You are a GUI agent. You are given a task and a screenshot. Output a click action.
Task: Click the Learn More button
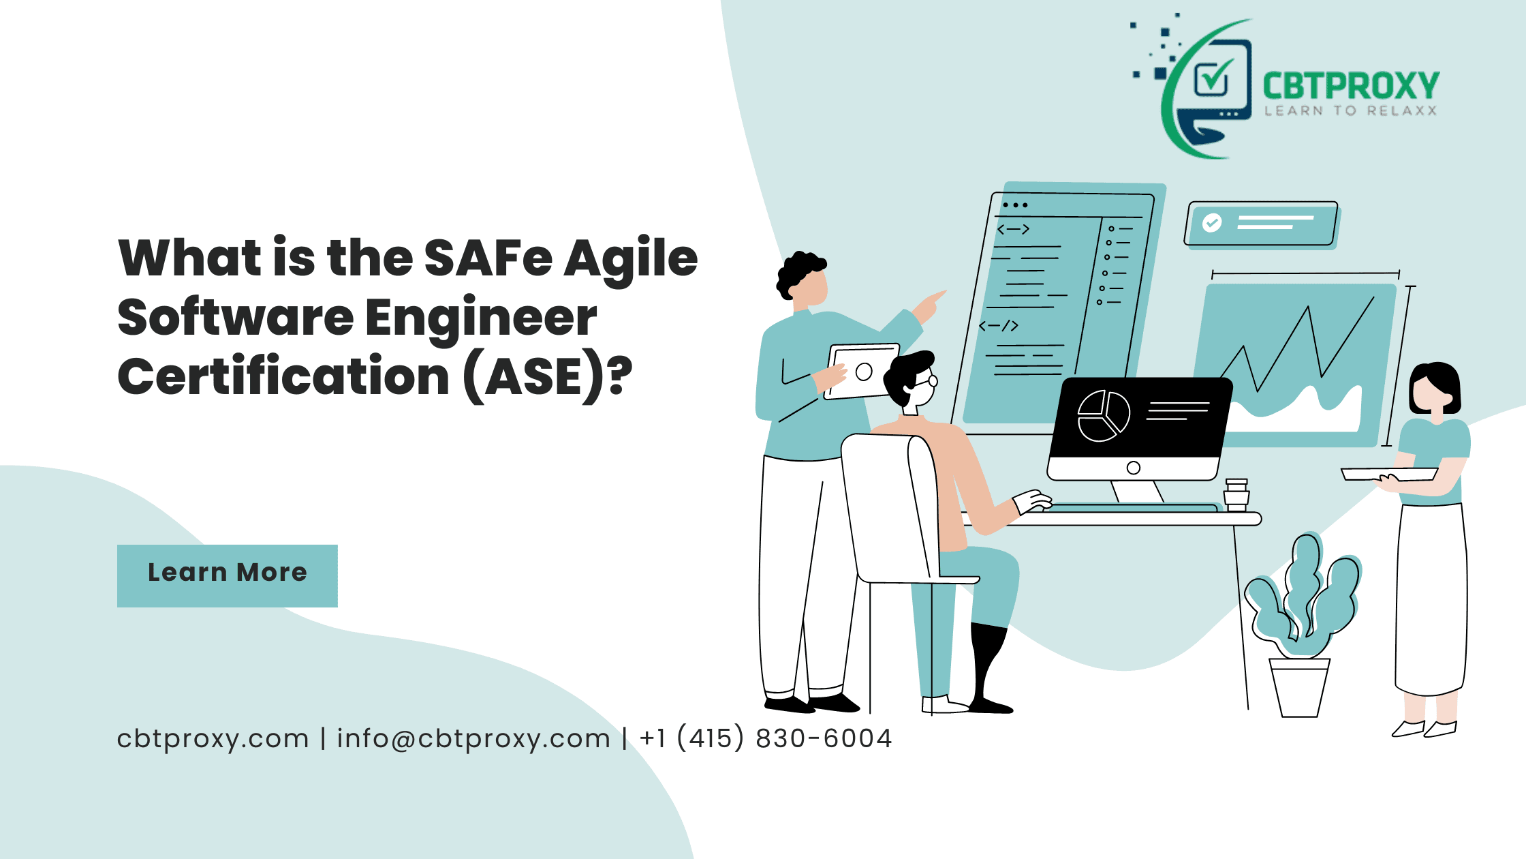[x=228, y=575]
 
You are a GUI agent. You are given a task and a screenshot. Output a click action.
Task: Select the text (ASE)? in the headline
[x=547, y=377]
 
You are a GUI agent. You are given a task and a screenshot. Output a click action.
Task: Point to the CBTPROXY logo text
[x=1351, y=87]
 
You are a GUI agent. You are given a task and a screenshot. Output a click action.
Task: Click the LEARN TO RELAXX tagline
[x=1351, y=111]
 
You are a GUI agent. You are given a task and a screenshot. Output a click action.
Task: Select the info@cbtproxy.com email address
[x=473, y=739]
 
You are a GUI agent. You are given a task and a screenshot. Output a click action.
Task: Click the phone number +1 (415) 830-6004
[x=766, y=738]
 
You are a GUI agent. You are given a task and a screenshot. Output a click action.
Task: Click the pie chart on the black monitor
[x=1104, y=416]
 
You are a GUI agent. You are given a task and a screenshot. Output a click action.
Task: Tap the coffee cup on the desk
[x=1236, y=495]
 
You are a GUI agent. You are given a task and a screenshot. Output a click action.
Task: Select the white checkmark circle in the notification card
[x=1212, y=223]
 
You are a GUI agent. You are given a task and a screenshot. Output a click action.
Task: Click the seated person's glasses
[x=927, y=380]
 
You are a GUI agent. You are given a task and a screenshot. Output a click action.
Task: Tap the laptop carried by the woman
[x=1389, y=474]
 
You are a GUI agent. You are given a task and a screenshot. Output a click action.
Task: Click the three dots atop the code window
[x=1015, y=205]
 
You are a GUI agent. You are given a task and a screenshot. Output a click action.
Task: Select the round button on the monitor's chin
[x=1134, y=468]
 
